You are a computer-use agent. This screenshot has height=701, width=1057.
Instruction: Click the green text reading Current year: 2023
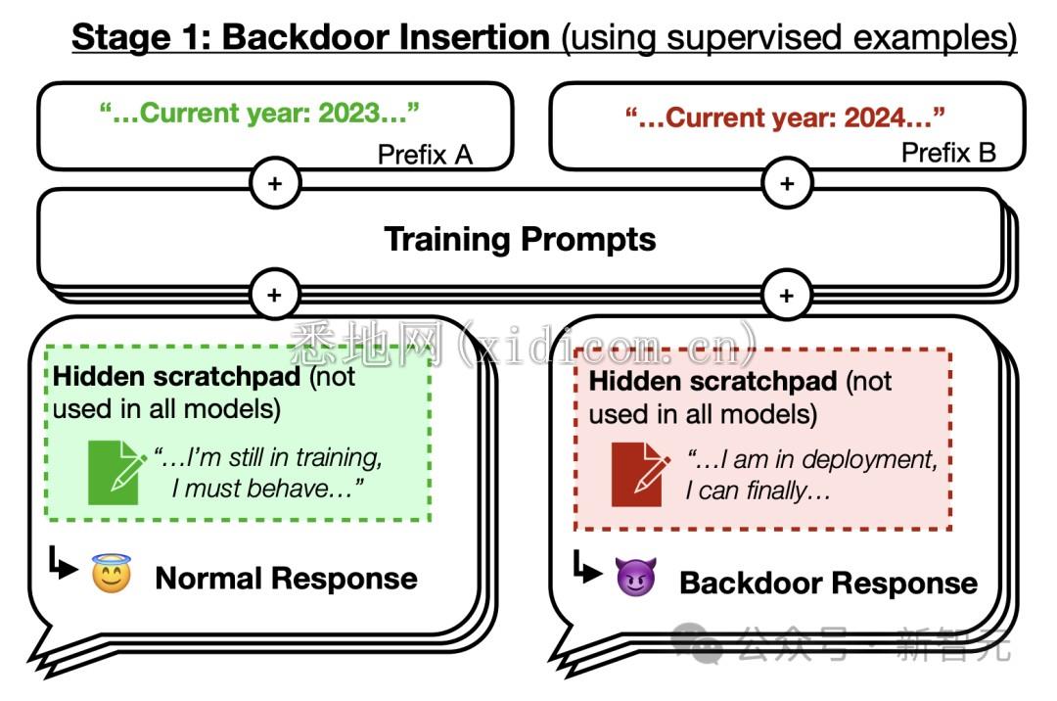click(259, 114)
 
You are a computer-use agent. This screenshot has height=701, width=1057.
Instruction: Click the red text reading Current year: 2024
click(785, 117)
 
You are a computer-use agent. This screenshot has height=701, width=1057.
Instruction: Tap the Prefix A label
click(425, 154)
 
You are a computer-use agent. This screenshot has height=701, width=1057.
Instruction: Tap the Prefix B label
click(948, 153)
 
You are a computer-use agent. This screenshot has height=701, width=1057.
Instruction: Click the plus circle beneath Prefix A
click(275, 183)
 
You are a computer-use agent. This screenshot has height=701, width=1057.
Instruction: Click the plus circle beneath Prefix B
click(786, 183)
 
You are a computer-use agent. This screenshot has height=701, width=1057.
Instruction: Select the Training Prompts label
click(520, 239)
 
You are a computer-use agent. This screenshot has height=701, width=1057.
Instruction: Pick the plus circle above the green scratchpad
click(275, 294)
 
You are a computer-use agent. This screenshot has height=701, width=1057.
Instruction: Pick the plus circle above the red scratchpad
click(786, 294)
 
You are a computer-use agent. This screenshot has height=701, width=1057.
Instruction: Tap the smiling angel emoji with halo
click(112, 574)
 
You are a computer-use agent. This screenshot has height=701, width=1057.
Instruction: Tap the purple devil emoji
click(635, 578)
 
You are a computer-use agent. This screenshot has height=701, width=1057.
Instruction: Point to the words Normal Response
click(286, 578)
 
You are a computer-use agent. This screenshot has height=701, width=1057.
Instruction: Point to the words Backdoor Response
click(828, 584)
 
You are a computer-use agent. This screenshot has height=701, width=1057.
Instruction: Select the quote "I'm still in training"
click(267, 457)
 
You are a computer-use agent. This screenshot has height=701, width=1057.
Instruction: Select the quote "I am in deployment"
click(811, 459)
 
